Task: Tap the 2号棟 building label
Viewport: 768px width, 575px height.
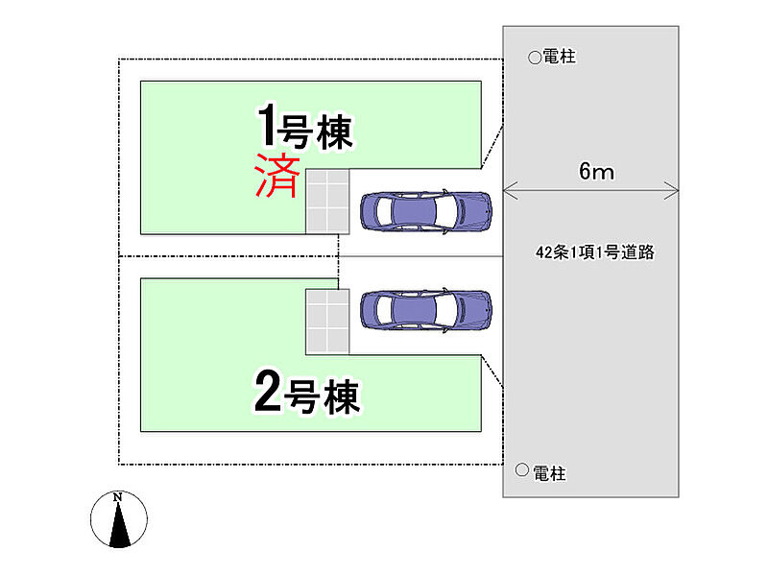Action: pos(307,394)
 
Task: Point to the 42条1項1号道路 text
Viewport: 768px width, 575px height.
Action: pos(595,253)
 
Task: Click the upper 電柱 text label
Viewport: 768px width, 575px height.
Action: pos(559,58)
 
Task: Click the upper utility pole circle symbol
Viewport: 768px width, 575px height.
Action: pos(535,58)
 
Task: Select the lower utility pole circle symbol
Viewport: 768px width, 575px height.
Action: pos(521,470)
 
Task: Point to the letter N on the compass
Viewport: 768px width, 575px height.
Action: pos(118,497)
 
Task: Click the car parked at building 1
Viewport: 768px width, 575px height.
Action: pos(426,210)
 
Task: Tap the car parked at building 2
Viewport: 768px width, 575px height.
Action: pos(426,310)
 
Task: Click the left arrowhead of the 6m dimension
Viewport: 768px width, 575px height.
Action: pos(508,188)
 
